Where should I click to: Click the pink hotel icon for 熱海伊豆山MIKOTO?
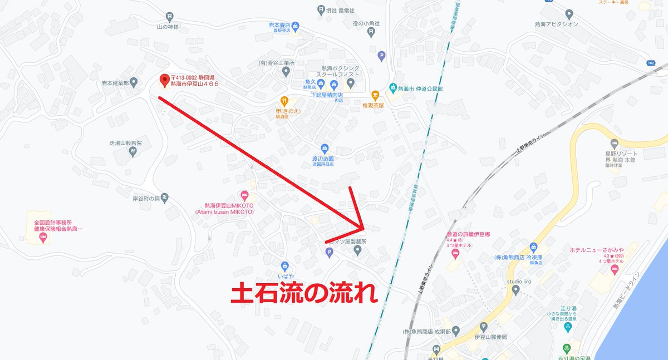[244, 195]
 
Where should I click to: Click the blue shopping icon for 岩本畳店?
[296, 25]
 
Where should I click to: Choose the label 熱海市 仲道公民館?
[420, 88]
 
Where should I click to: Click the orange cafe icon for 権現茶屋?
[375, 95]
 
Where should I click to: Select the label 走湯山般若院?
[126, 143]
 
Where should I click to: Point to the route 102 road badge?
[651, 63]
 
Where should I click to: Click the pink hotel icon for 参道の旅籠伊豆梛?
[455, 254]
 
